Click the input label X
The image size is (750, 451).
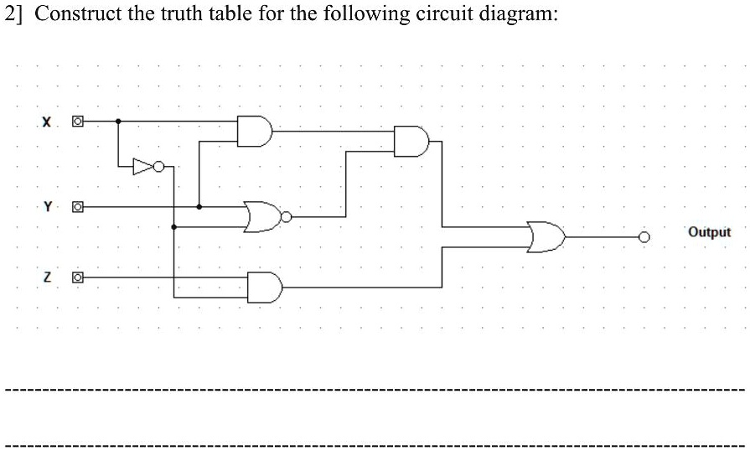(x=48, y=123)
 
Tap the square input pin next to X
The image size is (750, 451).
(x=78, y=122)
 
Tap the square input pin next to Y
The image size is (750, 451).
(x=78, y=205)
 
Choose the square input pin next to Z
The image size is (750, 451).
(x=78, y=276)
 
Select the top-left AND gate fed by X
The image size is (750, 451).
(x=254, y=130)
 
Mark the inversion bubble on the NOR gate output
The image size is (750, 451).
(x=286, y=216)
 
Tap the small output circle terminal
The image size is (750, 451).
(x=644, y=236)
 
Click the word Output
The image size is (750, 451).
(x=709, y=232)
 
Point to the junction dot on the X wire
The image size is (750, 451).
(x=118, y=122)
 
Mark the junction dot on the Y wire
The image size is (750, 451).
(x=199, y=205)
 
